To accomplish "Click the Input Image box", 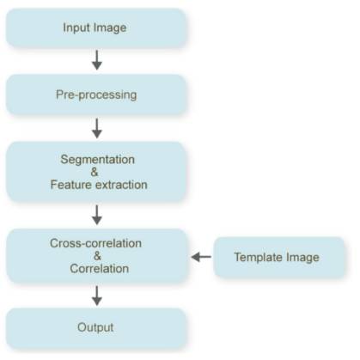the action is [96, 27].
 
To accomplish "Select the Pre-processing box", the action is [96, 95].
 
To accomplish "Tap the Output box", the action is [96, 328].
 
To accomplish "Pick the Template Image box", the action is [279, 257].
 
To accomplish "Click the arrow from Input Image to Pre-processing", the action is [97, 60].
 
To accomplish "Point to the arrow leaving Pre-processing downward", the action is [97, 128].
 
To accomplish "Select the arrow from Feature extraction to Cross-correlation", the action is [97, 215].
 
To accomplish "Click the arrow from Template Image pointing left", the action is [201, 257].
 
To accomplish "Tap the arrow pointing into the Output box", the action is [97, 296].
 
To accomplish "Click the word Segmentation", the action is [98, 160].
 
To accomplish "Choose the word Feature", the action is [70, 185].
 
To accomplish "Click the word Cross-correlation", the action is [95, 243].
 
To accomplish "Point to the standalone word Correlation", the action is [99, 269].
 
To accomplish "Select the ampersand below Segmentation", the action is [95, 172].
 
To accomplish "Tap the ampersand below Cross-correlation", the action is [97, 256].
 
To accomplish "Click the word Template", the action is [259, 257].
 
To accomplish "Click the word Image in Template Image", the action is [302, 258].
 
